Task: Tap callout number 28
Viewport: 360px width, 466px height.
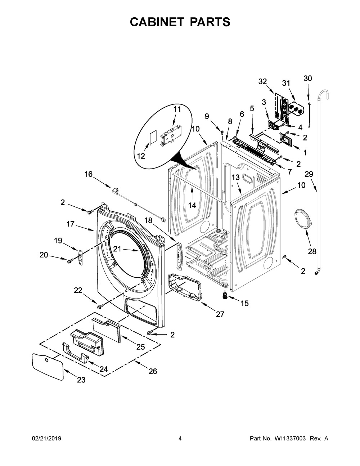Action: click(x=312, y=251)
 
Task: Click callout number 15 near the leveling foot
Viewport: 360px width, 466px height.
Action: click(x=244, y=303)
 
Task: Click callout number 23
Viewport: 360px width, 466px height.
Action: click(x=81, y=380)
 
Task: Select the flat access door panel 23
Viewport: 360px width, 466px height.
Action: click(x=48, y=365)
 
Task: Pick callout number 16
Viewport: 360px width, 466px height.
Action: click(x=88, y=174)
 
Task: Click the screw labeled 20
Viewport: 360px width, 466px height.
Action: click(x=69, y=259)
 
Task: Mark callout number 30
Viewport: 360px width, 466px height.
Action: click(x=308, y=79)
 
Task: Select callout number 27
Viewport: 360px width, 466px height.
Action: click(x=220, y=314)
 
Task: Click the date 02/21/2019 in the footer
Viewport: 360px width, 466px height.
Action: click(x=46, y=438)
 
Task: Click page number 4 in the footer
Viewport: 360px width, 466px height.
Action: click(x=180, y=438)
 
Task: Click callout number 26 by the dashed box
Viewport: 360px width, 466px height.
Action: click(x=153, y=371)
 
